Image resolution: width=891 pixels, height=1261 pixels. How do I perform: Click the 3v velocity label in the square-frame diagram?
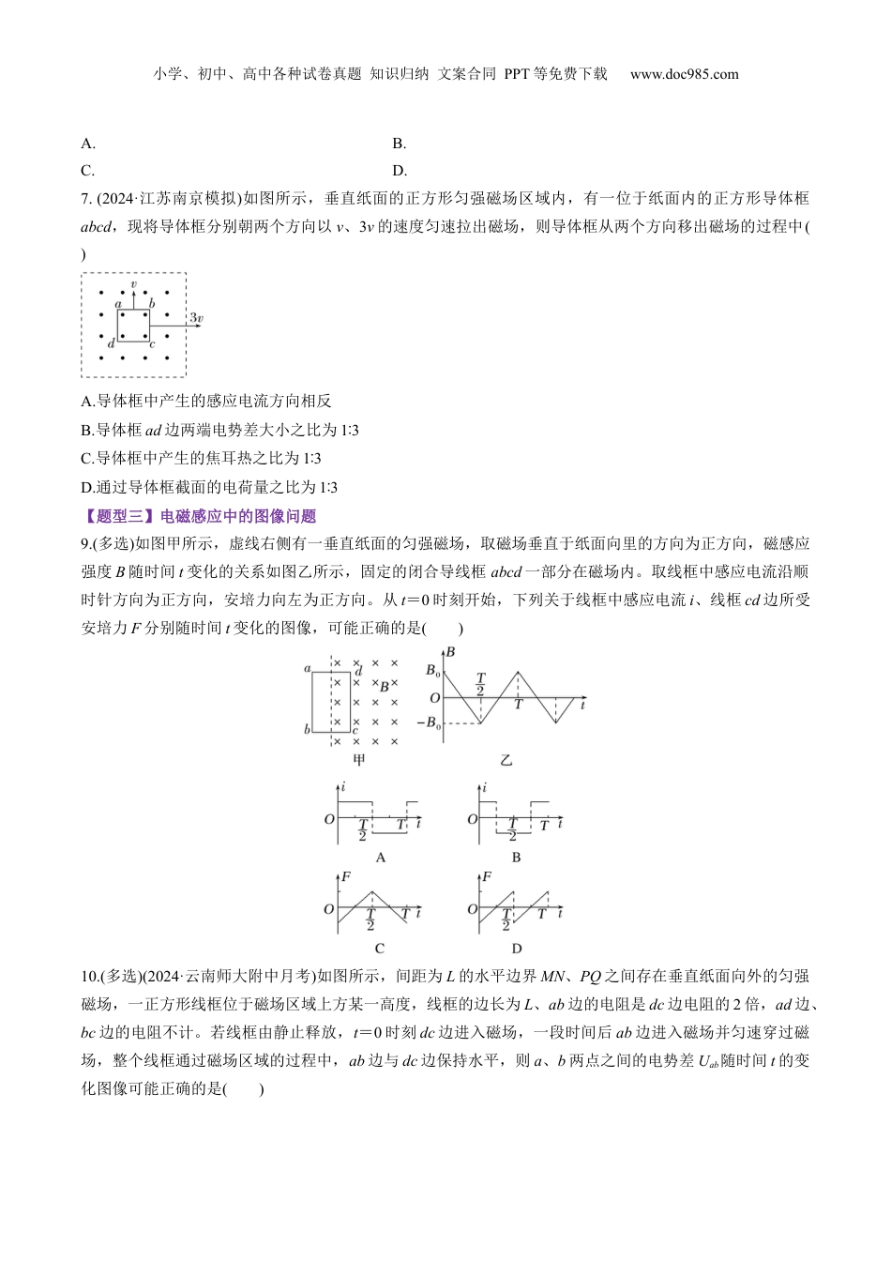coord(196,319)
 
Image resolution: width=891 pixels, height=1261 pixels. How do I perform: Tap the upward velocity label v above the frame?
coord(134,283)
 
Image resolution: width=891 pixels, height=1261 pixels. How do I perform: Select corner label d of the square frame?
coord(111,344)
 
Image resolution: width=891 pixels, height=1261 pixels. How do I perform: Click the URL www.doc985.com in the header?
coord(684,74)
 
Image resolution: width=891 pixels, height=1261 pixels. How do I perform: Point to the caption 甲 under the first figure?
coord(357,759)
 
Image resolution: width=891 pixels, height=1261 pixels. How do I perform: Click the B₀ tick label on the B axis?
coord(431,671)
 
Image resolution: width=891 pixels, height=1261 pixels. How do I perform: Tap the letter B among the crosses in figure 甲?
coord(384,687)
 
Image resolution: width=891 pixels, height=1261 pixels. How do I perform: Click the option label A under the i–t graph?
coord(380,857)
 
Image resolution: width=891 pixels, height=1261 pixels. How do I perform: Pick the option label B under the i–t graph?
coord(516,857)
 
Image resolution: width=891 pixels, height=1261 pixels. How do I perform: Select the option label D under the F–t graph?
coord(516,949)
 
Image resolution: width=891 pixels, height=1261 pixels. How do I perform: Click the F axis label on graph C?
coord(346,876)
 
